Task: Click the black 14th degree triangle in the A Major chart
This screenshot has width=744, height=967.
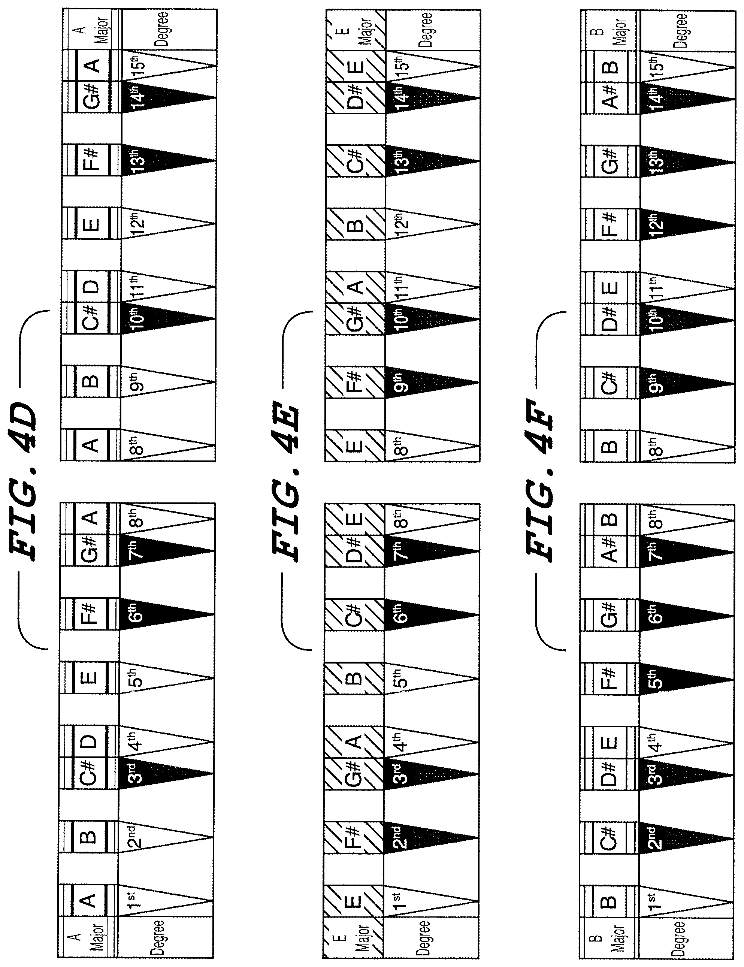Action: [x=168, y=97]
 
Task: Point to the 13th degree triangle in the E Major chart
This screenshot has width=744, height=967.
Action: [x=432, y=161]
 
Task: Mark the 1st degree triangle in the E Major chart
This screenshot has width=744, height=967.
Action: [x=432, y=901]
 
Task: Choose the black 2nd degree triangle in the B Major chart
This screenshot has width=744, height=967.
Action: [x=686, y=838]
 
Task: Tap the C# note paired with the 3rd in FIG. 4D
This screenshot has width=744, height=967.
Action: [x=90, y=774]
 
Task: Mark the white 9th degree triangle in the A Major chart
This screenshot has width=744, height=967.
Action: [x=168, y=382]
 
